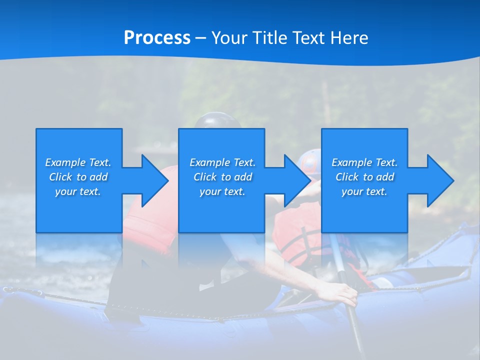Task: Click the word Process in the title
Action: click(157, 38)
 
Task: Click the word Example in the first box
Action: click(65, 162)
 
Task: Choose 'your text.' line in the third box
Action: click(364, 191)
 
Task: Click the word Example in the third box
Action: click(352, 162)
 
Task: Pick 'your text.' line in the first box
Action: click(78, 191)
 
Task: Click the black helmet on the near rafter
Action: click(216, 120)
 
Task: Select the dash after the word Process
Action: click(201, 38)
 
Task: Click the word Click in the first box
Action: click(60, 177)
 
